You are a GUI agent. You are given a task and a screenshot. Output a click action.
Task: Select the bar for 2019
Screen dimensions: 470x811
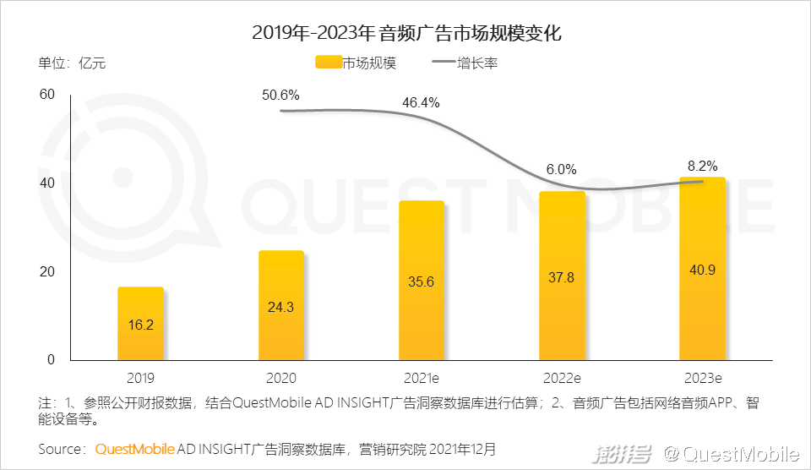click(x=140, y=324)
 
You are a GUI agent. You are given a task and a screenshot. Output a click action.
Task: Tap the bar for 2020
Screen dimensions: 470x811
click(x=280, y=305)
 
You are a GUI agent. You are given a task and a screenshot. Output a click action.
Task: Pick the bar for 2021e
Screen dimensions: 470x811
click(x=422, y=281)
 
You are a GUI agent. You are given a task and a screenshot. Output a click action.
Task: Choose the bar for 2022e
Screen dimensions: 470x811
click(x=562, y=276)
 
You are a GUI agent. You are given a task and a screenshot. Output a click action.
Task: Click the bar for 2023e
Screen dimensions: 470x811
click(x=703, y=269)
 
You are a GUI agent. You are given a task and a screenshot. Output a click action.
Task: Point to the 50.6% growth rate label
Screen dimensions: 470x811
click(x=280, y=95)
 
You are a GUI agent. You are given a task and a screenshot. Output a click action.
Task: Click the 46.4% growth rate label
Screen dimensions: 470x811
click(x=421, y=103)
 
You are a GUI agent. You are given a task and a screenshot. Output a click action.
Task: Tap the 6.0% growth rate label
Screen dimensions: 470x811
click(x=561, y=169)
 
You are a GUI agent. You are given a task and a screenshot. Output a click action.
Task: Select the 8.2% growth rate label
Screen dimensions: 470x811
click(x=702, y=166)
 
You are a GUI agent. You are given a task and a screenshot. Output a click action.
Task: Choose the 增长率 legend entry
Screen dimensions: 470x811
click(x=465, y=63)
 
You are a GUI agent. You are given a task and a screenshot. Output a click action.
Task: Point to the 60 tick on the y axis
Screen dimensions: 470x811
click(x=47, y=95)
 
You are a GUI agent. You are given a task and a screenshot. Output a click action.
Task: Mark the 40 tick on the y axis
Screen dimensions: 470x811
click(x=47, y=183)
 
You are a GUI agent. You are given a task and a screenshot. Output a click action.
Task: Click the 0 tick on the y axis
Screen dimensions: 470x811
click(x=51, y=359)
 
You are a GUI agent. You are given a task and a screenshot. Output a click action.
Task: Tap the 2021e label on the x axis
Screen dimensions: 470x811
click(x=421, y=378)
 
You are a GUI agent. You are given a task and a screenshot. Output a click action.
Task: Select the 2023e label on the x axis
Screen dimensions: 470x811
click(x=702, y=378)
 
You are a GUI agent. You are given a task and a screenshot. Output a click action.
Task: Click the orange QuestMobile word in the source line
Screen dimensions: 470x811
click(x=134, y=448)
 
